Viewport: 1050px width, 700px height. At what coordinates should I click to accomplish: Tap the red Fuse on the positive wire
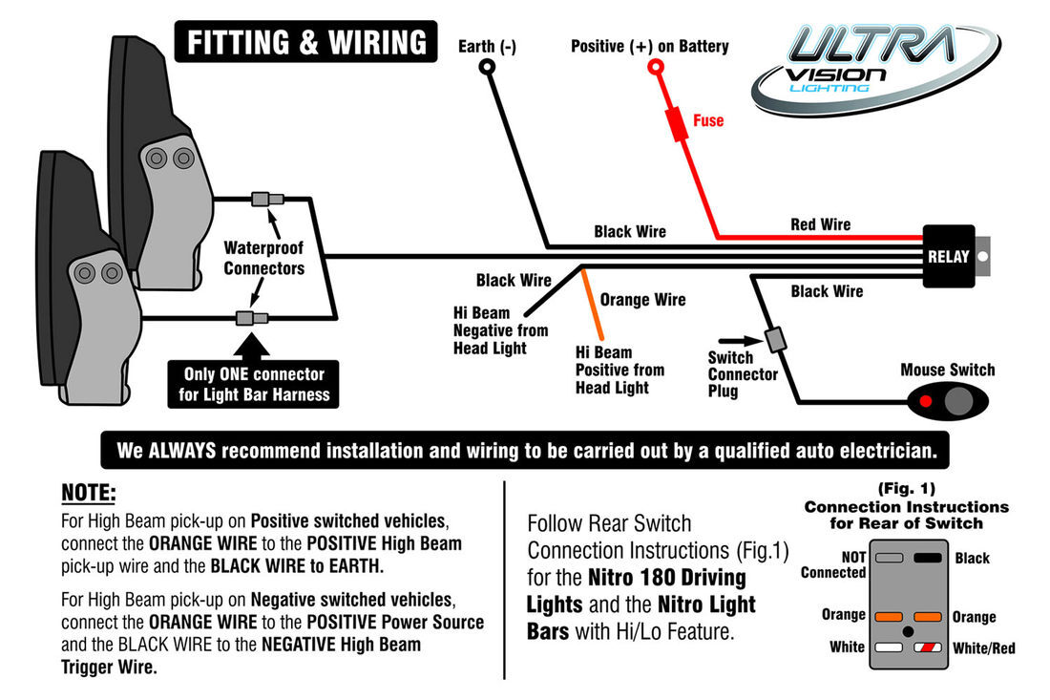pyautogui.click(x=680, y=124)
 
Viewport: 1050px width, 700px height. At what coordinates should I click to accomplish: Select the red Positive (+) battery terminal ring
pyautogui.click(x=656, y=67)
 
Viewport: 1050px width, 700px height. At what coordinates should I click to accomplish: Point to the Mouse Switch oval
pyautogui.click(x=948, y=400)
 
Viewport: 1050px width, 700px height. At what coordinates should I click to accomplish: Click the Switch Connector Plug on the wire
pyautogui.click(x=775, y=339)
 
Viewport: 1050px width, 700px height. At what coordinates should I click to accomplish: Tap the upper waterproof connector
pyautogui.click(x=266, y=200)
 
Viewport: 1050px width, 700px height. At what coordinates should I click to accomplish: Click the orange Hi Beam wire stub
pyautogui.click(x=591, y=299)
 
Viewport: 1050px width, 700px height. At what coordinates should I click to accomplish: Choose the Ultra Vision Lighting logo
pyautogui.click(x=872, y=71)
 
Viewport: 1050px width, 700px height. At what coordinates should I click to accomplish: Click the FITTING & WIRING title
pyautogui.click(x=305, y=43)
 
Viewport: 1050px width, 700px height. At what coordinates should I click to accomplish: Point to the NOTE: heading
pyautogui.click(x=89, y=494)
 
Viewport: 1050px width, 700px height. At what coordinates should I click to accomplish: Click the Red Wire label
pyautogui.click(x=820, y=224)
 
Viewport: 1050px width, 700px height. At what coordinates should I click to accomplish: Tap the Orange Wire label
pyautogui.click(x=642, y=300)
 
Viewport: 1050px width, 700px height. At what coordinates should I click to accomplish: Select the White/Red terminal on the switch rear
pyautogui.click(x=928, y=647)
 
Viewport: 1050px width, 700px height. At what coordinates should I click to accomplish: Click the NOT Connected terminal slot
pyautogui.click(x=890, y=558)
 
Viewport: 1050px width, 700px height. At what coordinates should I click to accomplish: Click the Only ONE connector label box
pyautogui.click(x=253, y=384)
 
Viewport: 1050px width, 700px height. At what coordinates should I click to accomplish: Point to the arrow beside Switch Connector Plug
pyautogui.click(x=730, y=339)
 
